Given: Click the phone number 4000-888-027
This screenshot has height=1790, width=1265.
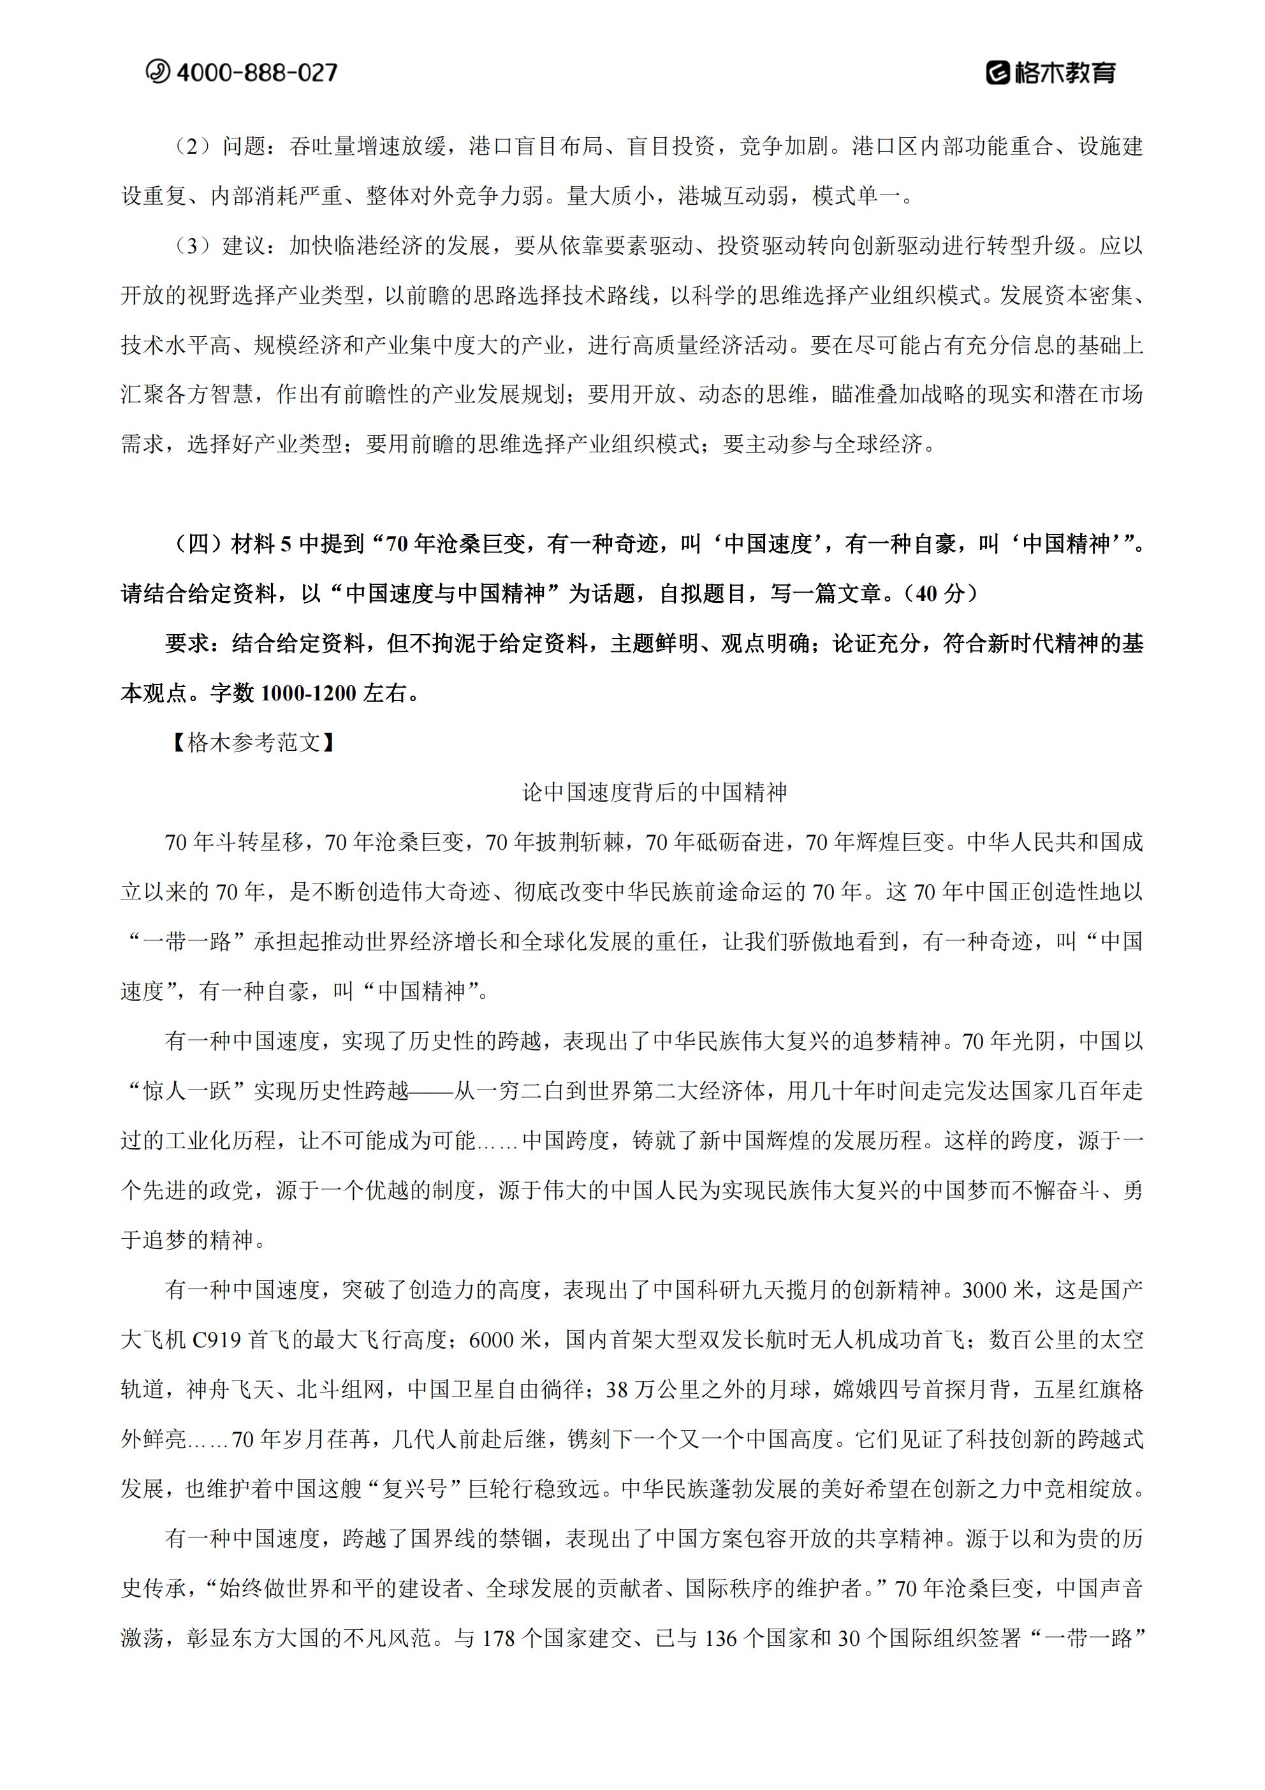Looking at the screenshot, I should pyautogui.click(x=256, y=73).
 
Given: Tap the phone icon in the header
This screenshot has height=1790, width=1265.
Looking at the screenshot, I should pyautogui.click(x=157, y=71).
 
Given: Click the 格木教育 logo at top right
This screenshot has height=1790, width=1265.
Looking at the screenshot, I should pyautogui.click(x=1051, y=73).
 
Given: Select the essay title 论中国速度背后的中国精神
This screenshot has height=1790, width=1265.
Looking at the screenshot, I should pyautogui.click(x=654, y=792).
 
